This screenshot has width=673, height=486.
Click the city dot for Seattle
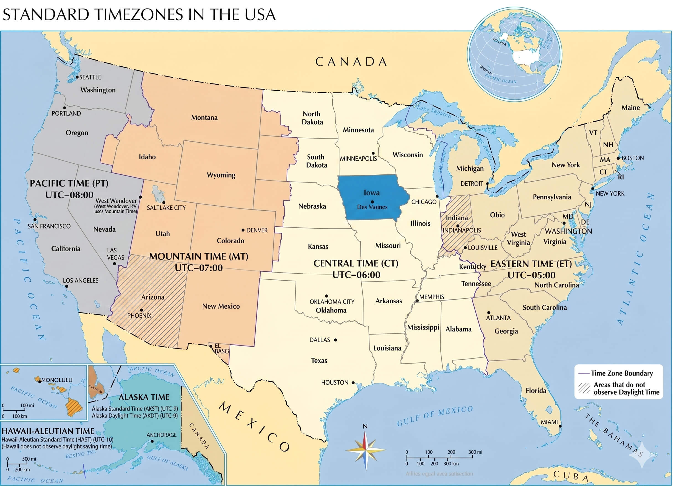click(x=77, y=77)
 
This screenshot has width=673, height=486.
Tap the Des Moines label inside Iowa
click(x=372, y=207)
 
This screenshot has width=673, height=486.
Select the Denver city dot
click(x=243, y=230)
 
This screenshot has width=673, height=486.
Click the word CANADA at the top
click(x=351, y=62)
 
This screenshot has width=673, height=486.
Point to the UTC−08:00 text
click(x=69, y=195)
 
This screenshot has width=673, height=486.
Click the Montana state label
click(x=204, y=117)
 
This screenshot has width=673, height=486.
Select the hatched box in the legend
click(x=584, y=388)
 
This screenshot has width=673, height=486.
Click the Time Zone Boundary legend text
click(x=622, y=373)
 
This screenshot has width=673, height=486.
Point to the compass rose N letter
click(x=365, y=426)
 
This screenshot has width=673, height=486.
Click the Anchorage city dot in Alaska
click(x=152, y=441)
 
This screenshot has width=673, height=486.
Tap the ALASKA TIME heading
click(x=144, y=397)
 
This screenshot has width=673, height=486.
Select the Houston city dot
click(x=353, y=383)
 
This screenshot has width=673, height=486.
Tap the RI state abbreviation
click(x=621, y=177)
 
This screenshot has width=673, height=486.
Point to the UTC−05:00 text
click(x=531, y=275)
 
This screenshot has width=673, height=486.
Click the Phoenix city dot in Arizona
click(x=141, y=310)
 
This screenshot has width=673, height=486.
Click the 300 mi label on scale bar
click(x=475, y=452)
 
